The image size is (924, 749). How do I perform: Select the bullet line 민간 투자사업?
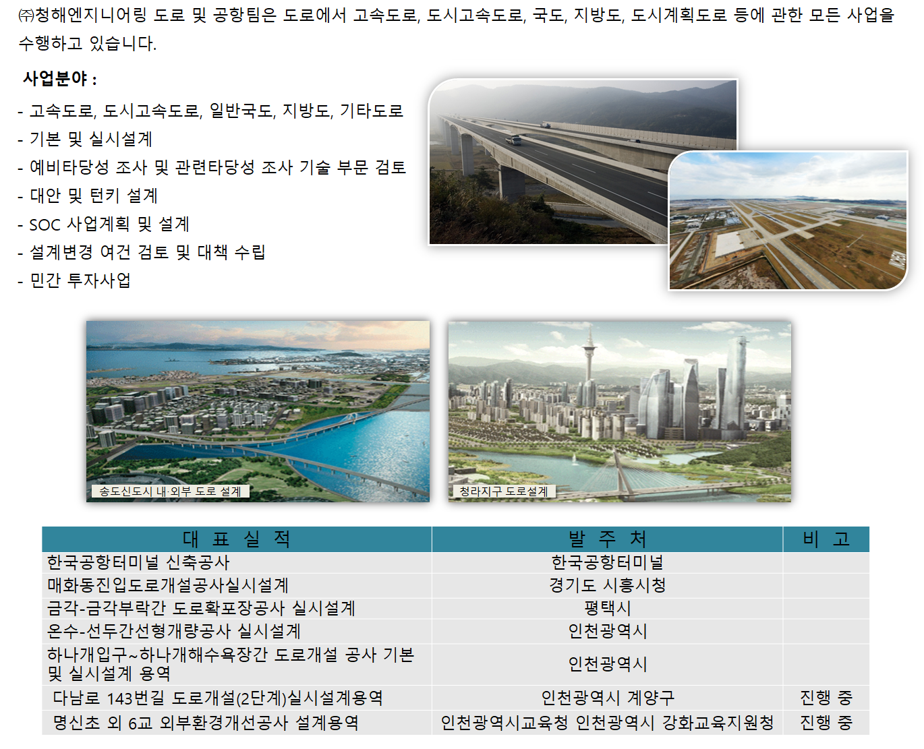click(x=74, y=280)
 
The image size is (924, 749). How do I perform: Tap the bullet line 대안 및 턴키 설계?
click(x=87, y=196)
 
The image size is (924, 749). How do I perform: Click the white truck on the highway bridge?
click(x=513, y=140)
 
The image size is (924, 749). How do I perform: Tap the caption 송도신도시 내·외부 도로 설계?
click(x=170, y=491)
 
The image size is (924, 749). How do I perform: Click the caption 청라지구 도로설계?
click(x=504, y=491)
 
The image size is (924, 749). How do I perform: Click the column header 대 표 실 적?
click(x=237, y=539)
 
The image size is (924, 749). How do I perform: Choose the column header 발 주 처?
click(x=607, y=539)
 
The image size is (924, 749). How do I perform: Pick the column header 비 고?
click(x=826, y=539)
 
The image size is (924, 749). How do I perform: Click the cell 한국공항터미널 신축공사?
click(x=138, y=562)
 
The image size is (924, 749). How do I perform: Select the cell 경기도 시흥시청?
click(x=607, y=585)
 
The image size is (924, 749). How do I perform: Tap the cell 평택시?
click(x=607, y=608)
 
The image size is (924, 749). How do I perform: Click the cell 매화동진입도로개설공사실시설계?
click(x=167, y=585)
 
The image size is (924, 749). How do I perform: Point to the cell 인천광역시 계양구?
click(x=607, y=697)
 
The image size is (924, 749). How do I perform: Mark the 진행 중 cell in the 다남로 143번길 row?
click(x=826, y=697)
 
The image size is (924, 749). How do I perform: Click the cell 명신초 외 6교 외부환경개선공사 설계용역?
click(x=206, y=722)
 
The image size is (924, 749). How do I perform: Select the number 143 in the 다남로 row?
click(x=119, y=698)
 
